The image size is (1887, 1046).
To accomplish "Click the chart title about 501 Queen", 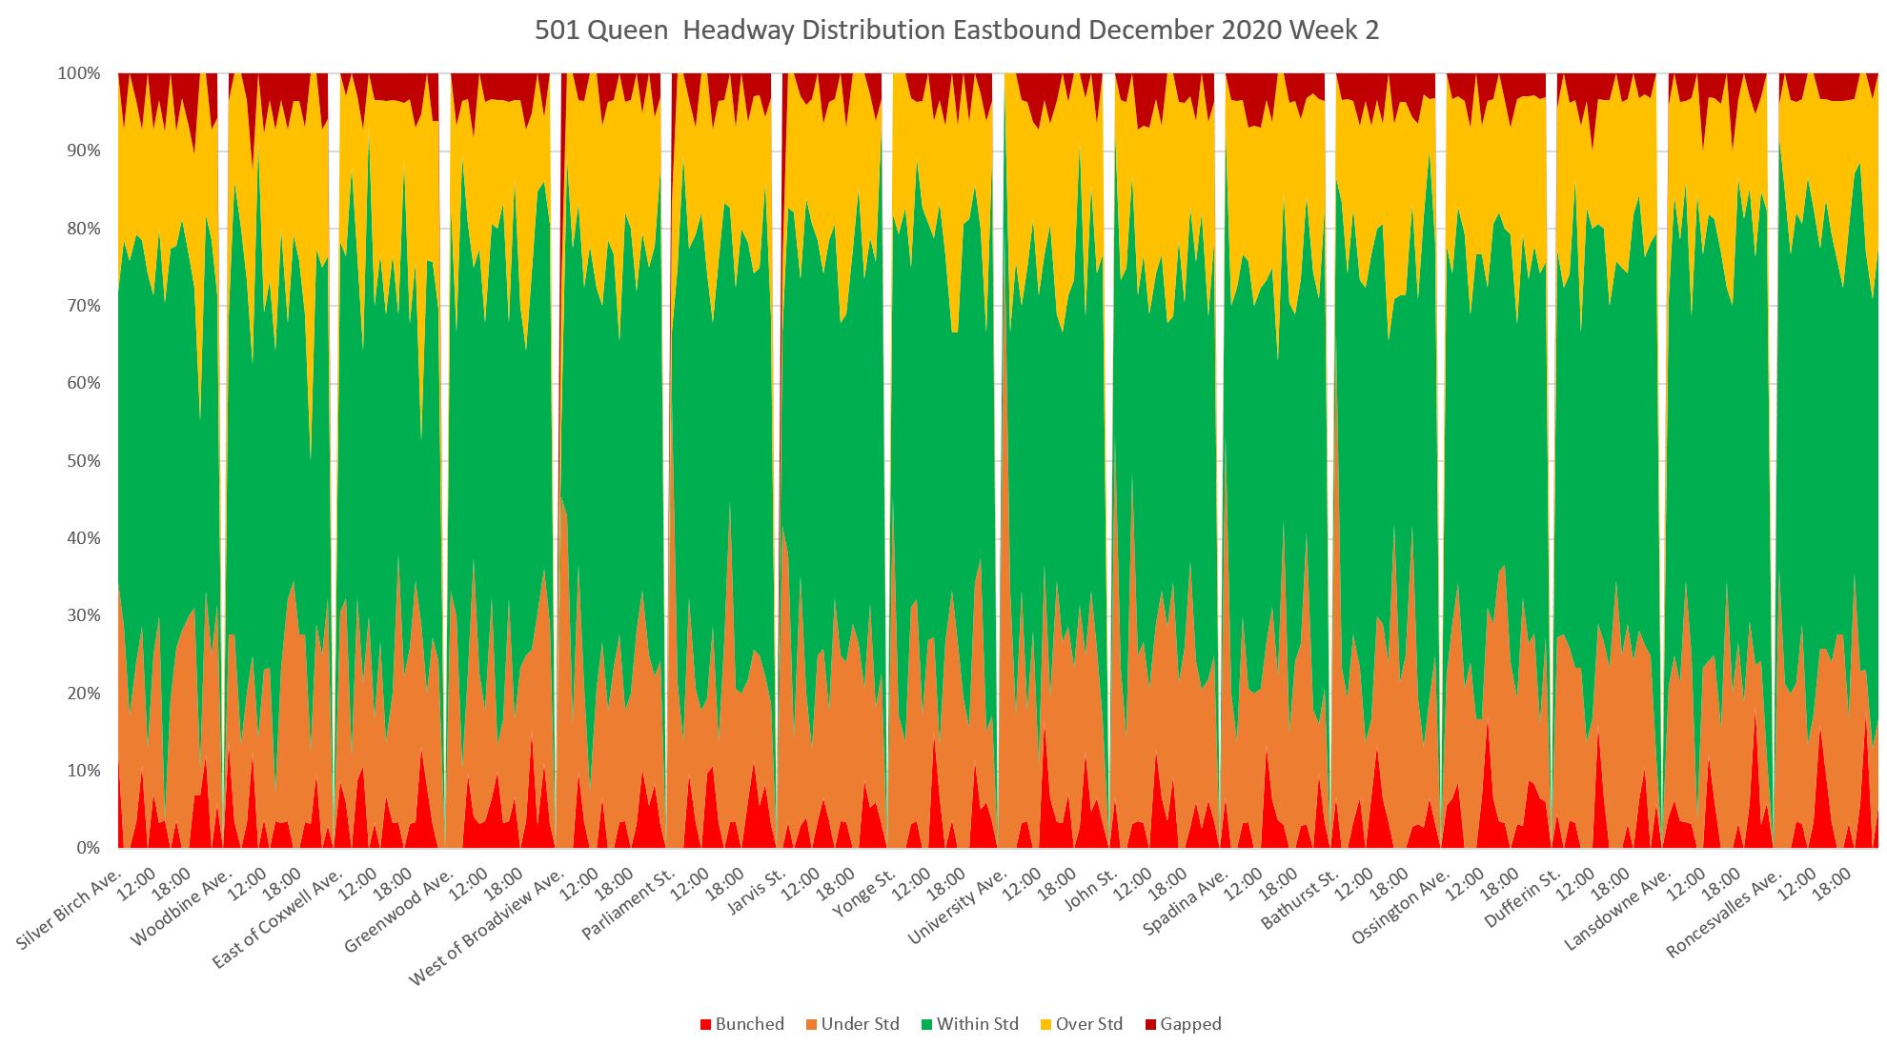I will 956,30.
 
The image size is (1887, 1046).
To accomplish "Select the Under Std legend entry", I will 852,1024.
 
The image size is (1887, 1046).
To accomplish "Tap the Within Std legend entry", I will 969,1024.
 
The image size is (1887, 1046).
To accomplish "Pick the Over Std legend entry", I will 1081,1024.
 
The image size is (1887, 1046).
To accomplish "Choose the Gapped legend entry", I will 1183,1024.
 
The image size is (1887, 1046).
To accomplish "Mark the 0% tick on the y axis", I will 88,848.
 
